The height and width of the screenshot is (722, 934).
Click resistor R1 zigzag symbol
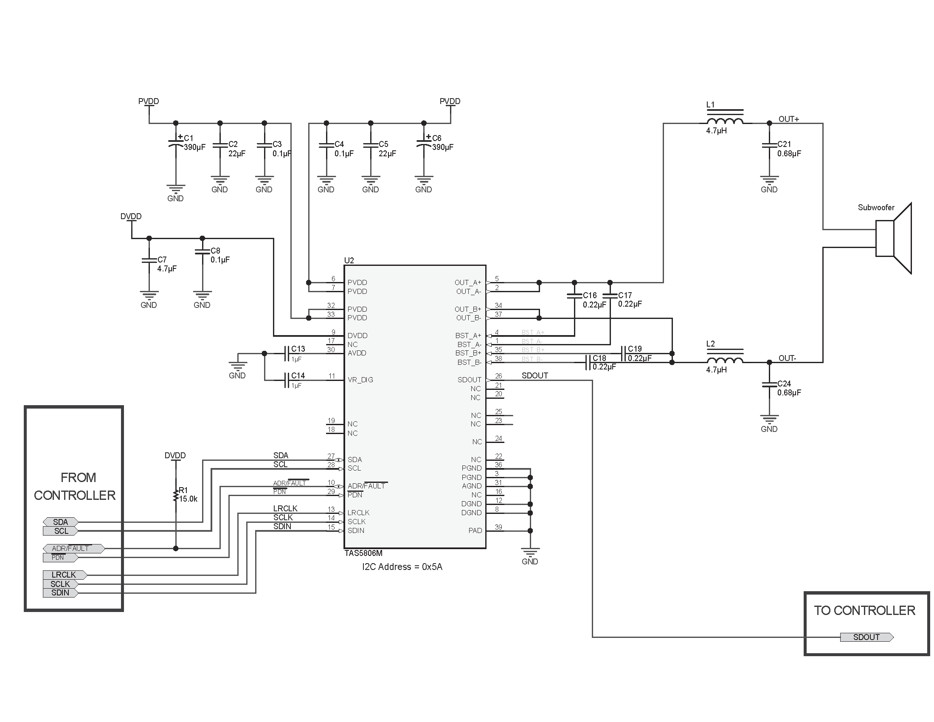[175, 496]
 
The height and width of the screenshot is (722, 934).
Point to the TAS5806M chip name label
[363, 553]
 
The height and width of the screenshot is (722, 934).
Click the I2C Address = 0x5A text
[402, 567]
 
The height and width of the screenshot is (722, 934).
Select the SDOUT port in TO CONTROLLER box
[866, 637]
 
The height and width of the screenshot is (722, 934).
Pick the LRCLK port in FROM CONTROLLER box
[64, 575]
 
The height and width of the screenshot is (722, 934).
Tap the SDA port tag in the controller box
[61, 522]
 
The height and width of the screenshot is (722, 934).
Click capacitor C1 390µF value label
[194, 147]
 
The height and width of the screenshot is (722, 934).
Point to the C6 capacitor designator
[436, 138]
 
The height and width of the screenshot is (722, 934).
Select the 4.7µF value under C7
[167, 268]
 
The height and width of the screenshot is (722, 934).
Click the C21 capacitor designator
[784, 144]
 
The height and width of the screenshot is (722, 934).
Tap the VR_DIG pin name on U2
[360, 380]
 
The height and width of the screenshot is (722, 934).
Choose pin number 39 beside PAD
[498, 527]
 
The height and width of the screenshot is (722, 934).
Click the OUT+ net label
[789, 119]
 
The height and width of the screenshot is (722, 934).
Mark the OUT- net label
[787, 358]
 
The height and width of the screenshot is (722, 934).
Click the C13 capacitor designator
[298, 349]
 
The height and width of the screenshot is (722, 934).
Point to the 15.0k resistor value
[188, 499]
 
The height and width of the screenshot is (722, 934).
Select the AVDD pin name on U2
[357, 353]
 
